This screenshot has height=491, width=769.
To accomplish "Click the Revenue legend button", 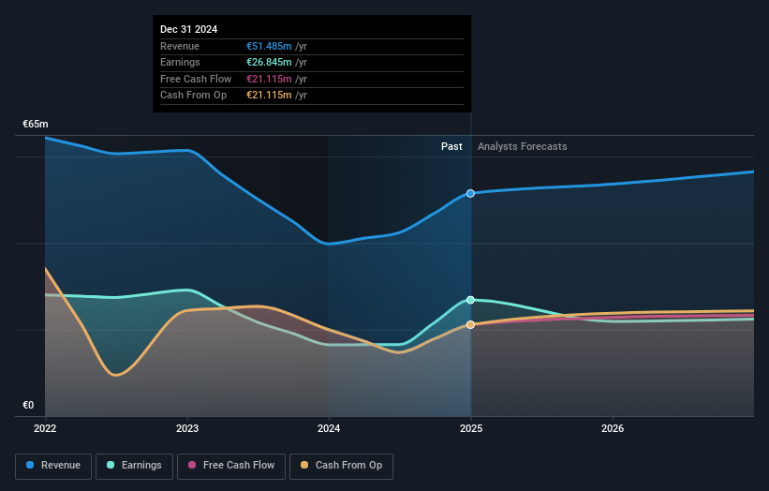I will pos(53,466).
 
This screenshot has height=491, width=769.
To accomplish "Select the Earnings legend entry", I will pos(134,466).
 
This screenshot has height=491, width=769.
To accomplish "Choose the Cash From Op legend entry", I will pos(341,466).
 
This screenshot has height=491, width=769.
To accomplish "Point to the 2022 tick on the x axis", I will pos(45,429).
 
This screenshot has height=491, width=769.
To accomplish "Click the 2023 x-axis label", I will pos(187,429).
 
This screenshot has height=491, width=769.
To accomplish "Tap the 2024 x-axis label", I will pos(329,429).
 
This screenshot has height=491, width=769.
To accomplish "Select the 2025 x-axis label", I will pos(470,429).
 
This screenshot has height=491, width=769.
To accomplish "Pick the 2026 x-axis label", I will pos(613,429).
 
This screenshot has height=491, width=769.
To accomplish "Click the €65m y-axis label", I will pos(36,125).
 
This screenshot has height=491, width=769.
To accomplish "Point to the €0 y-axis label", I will pos(28,405).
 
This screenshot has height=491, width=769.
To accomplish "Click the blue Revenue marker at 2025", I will pos(470,193).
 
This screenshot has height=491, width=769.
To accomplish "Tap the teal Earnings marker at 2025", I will pos(470,300).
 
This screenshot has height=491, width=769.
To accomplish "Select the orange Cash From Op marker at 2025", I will pos(470,324).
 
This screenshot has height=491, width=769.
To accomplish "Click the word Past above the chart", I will pos(451,146).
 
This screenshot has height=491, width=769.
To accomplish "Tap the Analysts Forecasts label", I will pos(522,146).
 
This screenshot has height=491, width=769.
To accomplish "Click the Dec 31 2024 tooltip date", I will pos(188,29).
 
